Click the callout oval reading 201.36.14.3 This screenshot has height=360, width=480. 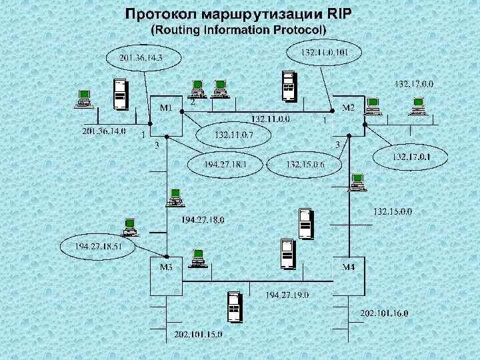point(141,57)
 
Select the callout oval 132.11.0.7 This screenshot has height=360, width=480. point(233,135)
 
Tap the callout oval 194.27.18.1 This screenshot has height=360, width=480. point(225,163)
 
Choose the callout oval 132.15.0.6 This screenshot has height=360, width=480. point(304,163)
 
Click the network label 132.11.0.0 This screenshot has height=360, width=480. point(270,119)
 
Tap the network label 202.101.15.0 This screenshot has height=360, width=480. point(198,333)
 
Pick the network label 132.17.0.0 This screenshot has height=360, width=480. point(414,84)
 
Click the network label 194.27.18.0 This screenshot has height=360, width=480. point(203,219)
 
